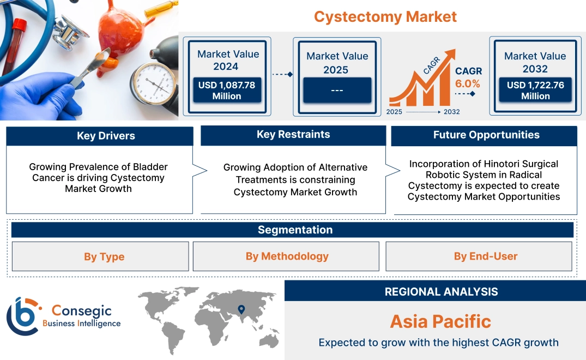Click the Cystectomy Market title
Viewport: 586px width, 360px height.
[385, 16]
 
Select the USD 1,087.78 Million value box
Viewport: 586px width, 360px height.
[226, 91]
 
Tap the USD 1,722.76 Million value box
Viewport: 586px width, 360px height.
[535, 91]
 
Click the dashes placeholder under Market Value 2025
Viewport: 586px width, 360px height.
[337, 90]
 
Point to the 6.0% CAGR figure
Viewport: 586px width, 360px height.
[468, 83]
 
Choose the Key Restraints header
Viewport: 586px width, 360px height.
[293, 135]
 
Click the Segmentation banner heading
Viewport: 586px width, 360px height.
[295, 230]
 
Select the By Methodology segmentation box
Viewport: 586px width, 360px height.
[287, 256]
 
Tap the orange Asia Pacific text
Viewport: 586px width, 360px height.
[440, 321]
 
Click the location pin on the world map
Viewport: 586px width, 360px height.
[240, 310]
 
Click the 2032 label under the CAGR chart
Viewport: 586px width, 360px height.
[451, 112]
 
